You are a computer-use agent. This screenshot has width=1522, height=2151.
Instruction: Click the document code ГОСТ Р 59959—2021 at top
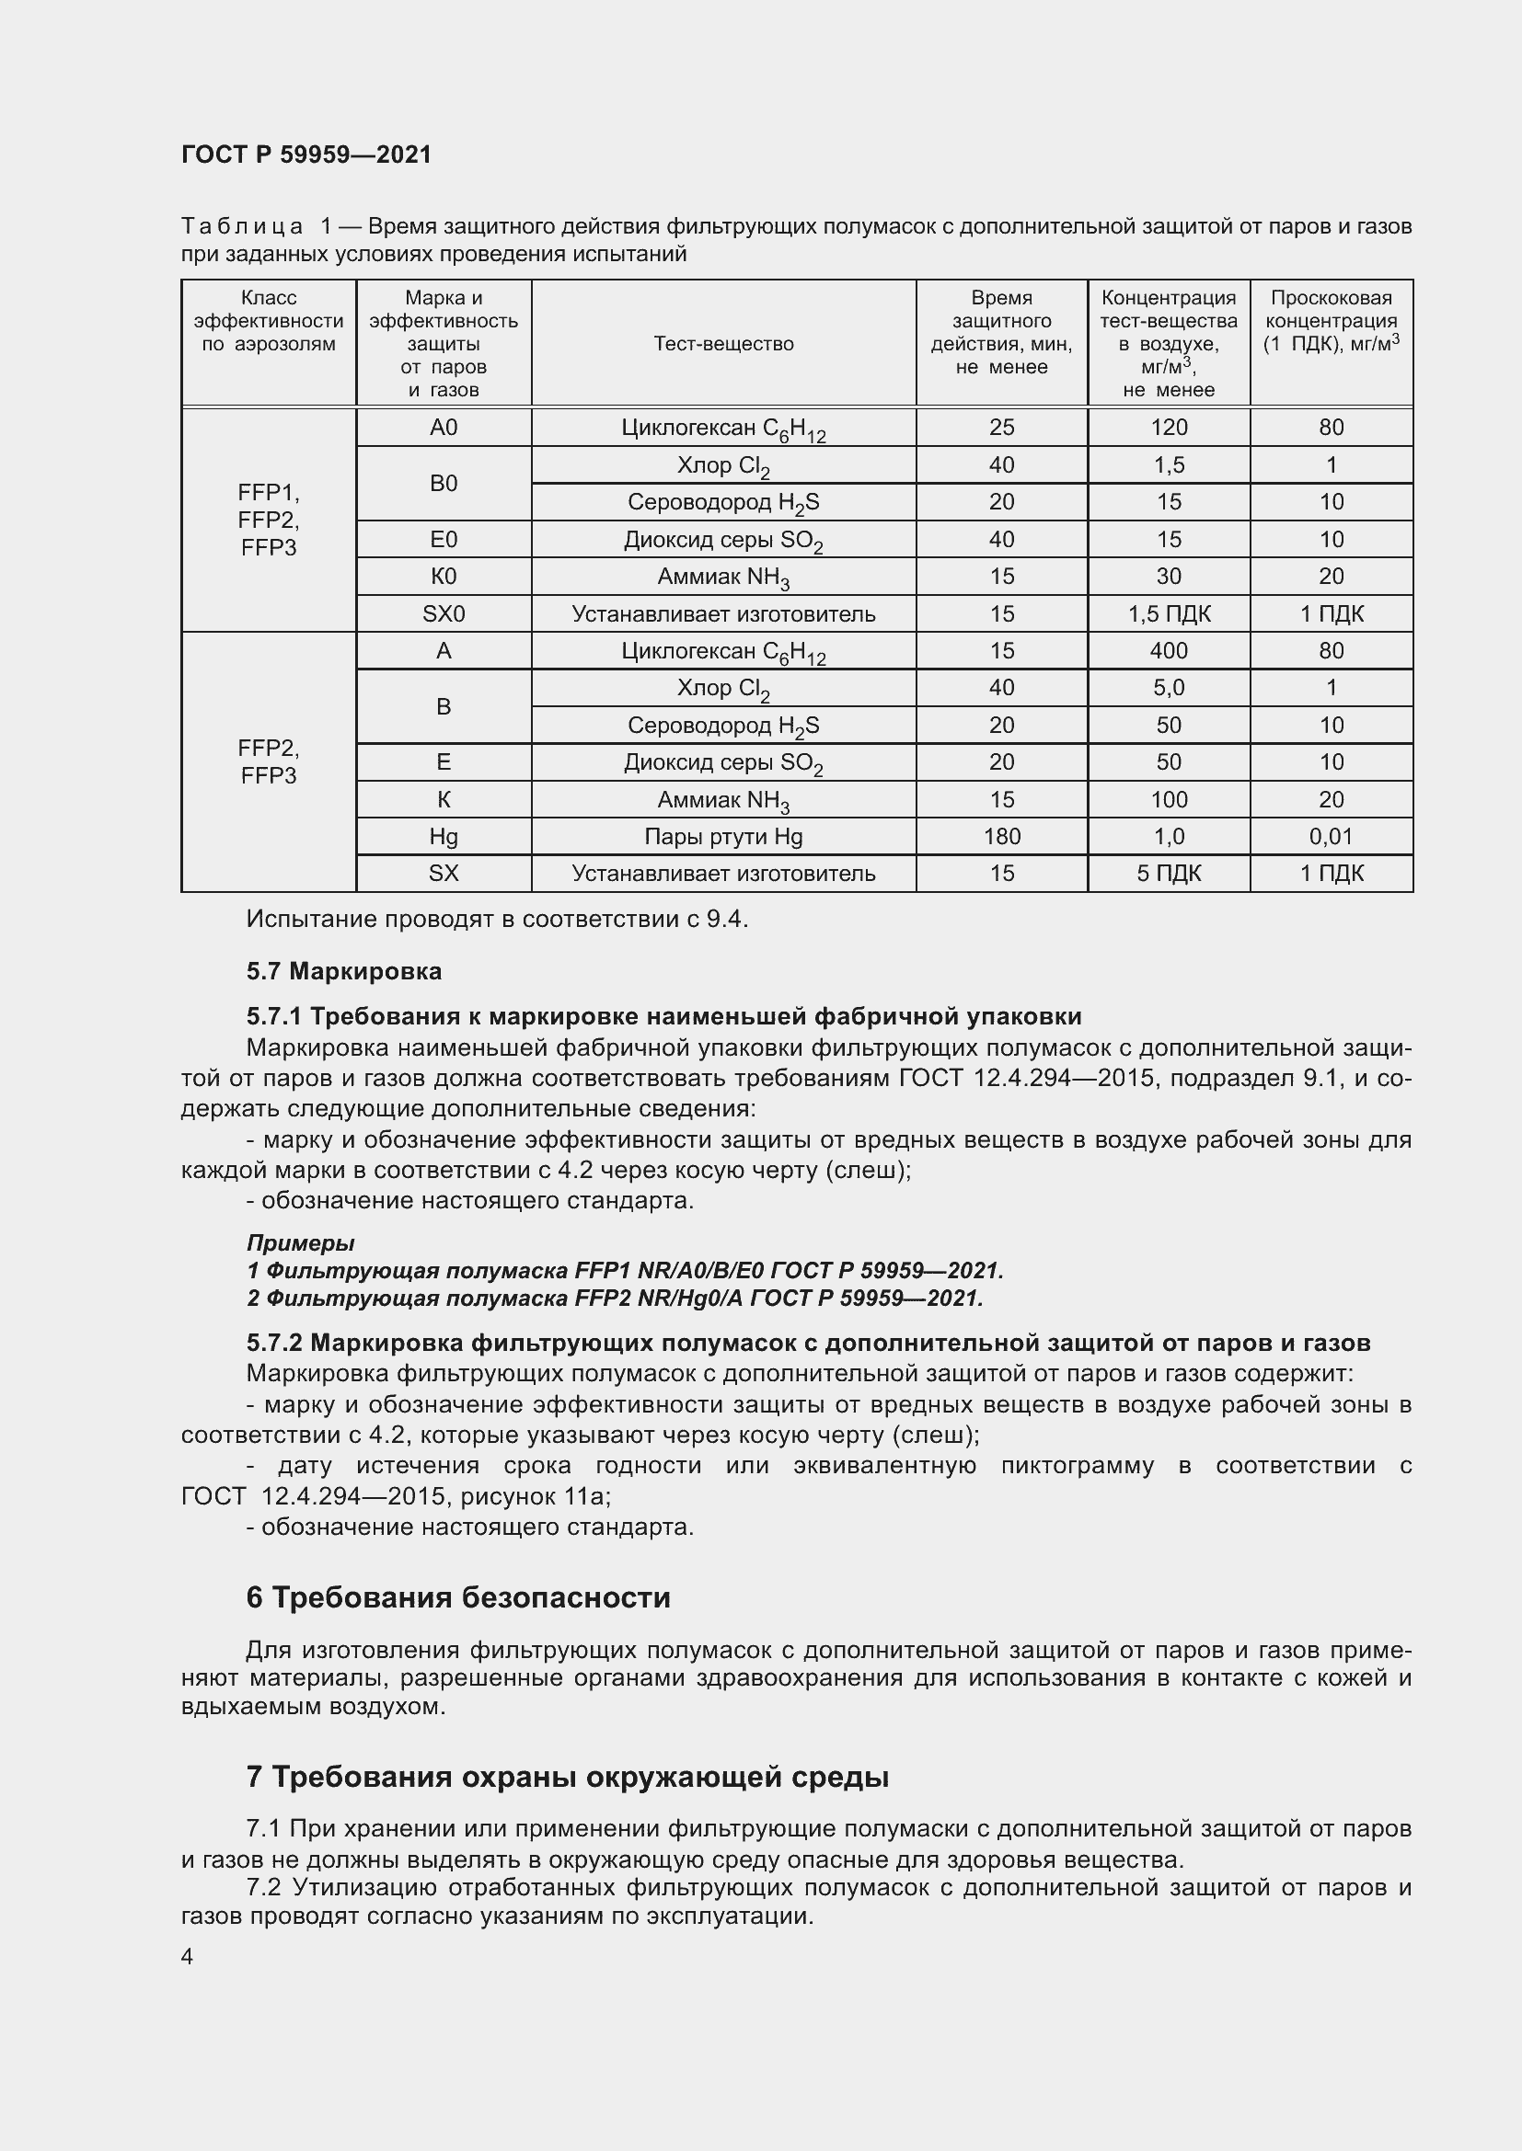306,154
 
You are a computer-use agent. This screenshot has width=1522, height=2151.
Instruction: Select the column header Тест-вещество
723,344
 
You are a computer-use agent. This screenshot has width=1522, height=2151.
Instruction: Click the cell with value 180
1001,837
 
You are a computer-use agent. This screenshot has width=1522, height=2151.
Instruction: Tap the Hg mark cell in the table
444,837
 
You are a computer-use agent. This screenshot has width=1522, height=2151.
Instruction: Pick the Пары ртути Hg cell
723,837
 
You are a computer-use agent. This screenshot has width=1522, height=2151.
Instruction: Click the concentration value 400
1168,650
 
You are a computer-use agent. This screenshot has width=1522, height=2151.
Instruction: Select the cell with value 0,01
1331,837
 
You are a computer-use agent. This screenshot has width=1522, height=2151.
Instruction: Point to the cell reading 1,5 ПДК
1168,613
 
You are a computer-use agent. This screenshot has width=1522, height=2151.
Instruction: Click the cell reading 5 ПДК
1168,873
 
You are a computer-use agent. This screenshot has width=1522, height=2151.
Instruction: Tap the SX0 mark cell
444,613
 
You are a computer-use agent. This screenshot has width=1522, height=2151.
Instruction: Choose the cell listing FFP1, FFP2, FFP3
268,520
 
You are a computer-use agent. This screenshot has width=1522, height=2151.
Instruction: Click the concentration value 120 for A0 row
1168,428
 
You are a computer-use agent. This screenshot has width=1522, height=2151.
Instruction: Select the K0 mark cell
444,577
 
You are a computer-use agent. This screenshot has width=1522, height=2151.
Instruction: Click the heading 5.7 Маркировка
344,971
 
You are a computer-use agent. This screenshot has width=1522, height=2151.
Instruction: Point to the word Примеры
300,1243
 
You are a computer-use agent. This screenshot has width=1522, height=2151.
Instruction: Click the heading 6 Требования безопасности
458,1597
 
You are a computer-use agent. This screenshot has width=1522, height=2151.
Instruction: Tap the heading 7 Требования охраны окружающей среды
567,1778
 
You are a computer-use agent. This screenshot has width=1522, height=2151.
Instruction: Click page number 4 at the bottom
188,1956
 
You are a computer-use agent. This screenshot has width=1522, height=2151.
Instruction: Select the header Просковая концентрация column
1331,320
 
